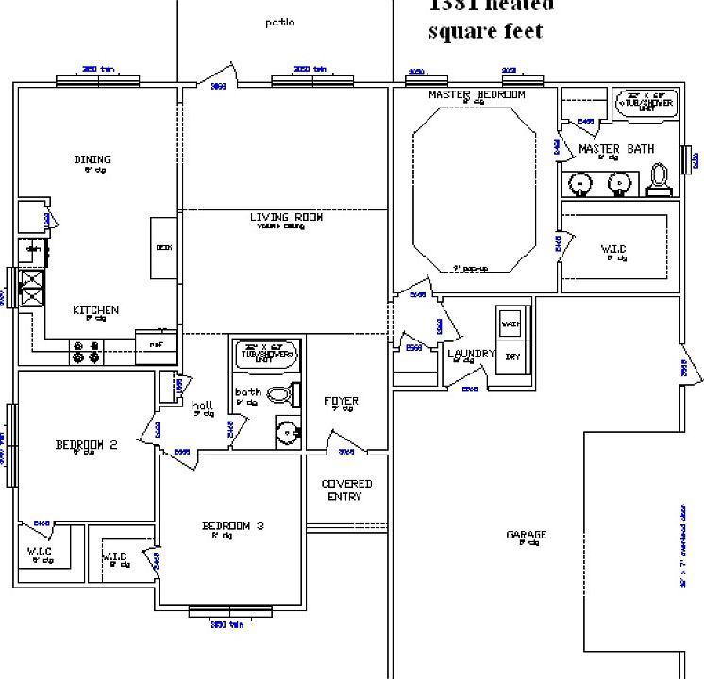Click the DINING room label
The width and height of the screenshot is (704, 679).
[92, 159]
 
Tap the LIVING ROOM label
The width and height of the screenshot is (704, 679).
[286, 217]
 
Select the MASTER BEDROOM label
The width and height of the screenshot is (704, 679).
[477, 94]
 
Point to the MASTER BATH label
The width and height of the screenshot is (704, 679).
[616, 149]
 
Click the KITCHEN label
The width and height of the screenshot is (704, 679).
[95, 310]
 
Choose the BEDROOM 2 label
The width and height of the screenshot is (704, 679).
[86, 445]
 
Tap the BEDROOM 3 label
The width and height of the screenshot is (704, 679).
[232, 525]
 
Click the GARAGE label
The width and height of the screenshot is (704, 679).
[526, 535]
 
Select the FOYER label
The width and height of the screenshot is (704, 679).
[341, 401]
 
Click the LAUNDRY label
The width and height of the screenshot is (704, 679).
[471, 354]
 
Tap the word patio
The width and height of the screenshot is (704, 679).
[279, 22]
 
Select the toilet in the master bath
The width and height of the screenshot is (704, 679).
[660, 175]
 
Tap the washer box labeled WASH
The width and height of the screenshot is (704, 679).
[511, 323]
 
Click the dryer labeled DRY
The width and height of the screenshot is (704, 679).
[512, 356]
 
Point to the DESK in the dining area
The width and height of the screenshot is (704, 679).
[163, 248]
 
